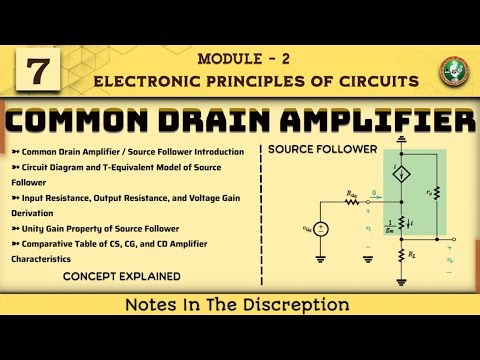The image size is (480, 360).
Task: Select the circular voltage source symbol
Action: (x=320, y=228)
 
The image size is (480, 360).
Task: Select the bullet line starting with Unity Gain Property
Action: (x=95, y=226)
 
